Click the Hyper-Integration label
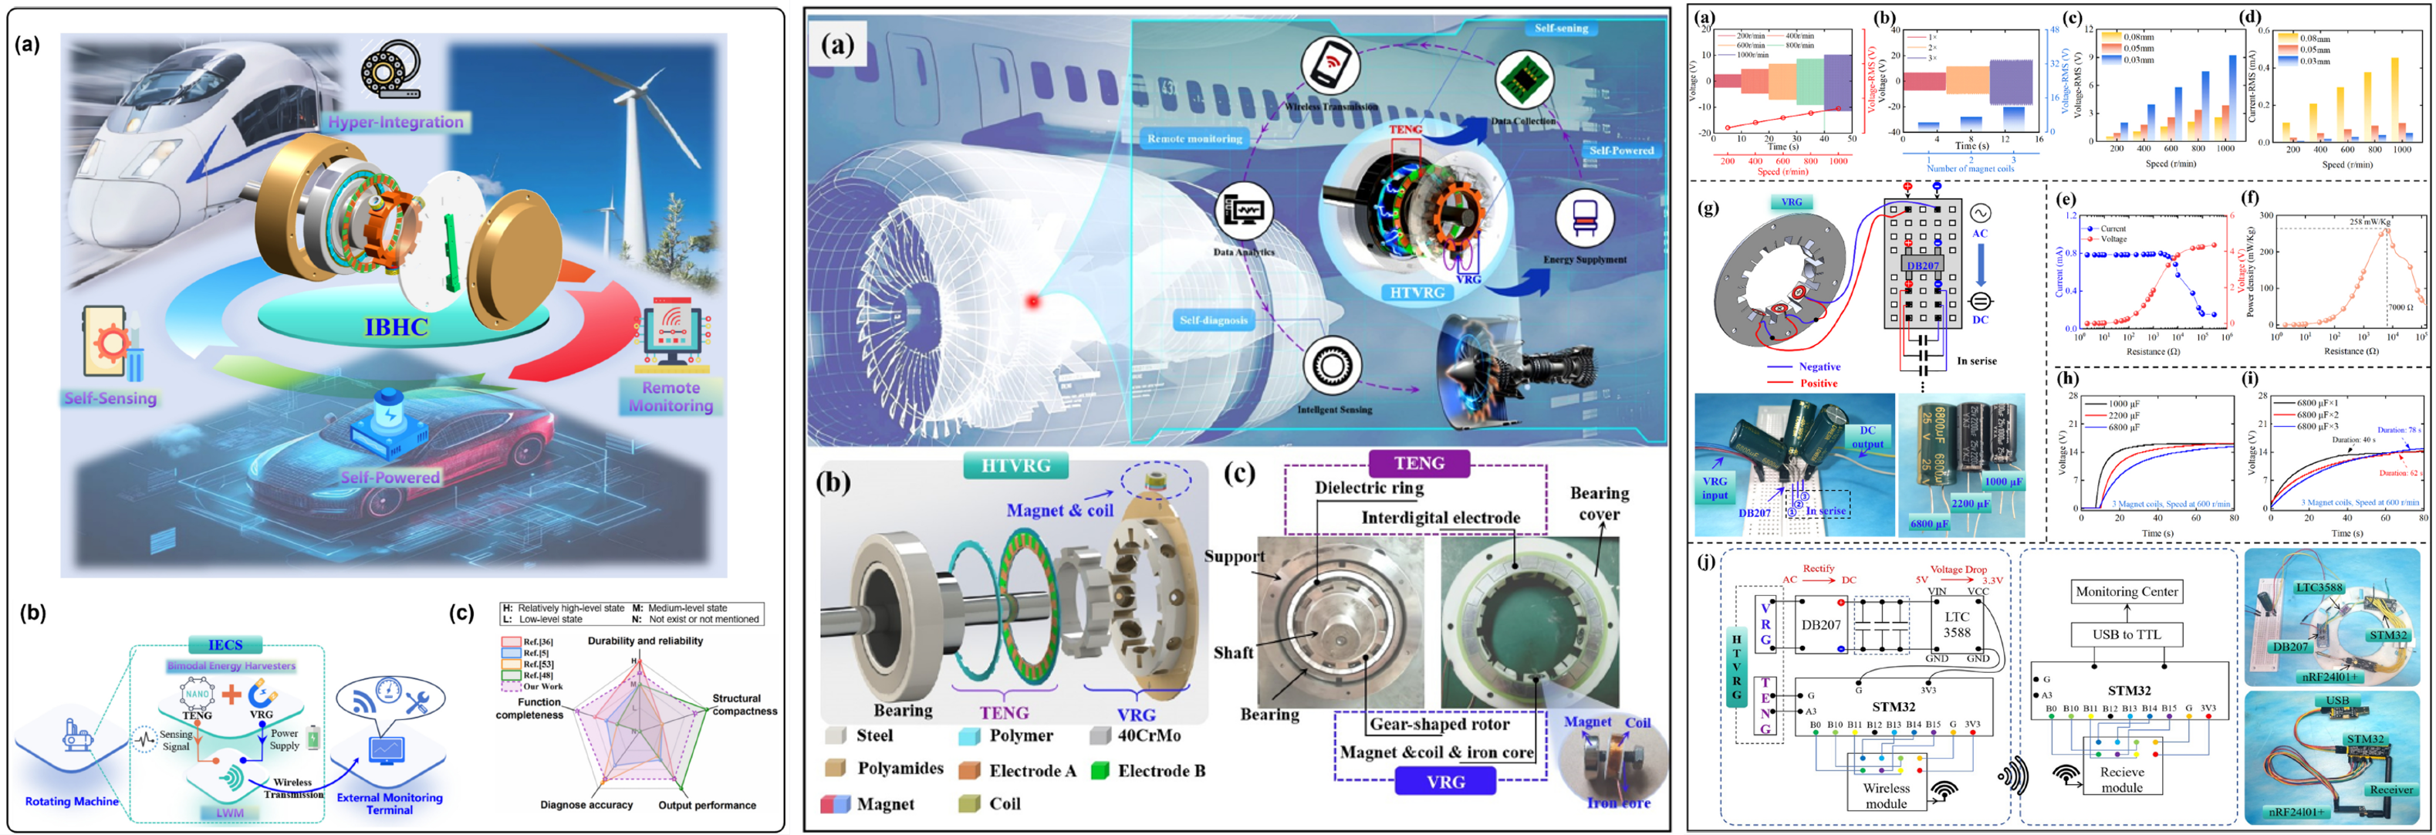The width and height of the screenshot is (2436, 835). [395, 122]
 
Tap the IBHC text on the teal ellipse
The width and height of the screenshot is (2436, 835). [397, 327]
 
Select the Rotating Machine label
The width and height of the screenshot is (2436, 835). [72, 801]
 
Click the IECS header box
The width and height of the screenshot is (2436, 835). [225, 645]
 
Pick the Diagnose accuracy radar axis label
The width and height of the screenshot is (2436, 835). [586, 805]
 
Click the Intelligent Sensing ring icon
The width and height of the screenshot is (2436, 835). [1332, 366]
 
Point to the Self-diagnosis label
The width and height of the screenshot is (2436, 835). [1213, 320]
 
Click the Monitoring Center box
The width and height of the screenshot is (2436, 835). [2126, 592]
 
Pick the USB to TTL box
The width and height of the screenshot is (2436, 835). [2126, 634]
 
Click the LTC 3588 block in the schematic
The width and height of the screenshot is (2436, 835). [1957, 625]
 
